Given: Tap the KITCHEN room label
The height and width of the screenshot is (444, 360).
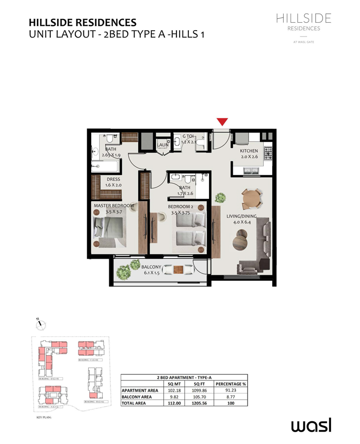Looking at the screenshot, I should pyautogui.click(x=249, y=151).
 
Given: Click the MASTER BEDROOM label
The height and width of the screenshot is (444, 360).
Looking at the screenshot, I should pyautogui.click(x=113, y=205).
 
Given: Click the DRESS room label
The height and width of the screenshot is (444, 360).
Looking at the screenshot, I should pyautogui.click(x=113, y=180).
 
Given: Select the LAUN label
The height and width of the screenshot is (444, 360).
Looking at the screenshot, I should pyautogui.click(x=163, y=145).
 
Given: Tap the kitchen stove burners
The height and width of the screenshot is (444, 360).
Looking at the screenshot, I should pyautogui.click(x=268, y=154).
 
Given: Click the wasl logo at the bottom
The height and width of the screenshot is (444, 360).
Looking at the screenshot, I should pyautogui.click(x=311, y=425).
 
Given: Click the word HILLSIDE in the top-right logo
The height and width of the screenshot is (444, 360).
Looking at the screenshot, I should pyautogui.click(x=303, y=19).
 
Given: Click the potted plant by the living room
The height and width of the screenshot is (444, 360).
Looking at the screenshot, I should pyautogui.click(x=220, y=198).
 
